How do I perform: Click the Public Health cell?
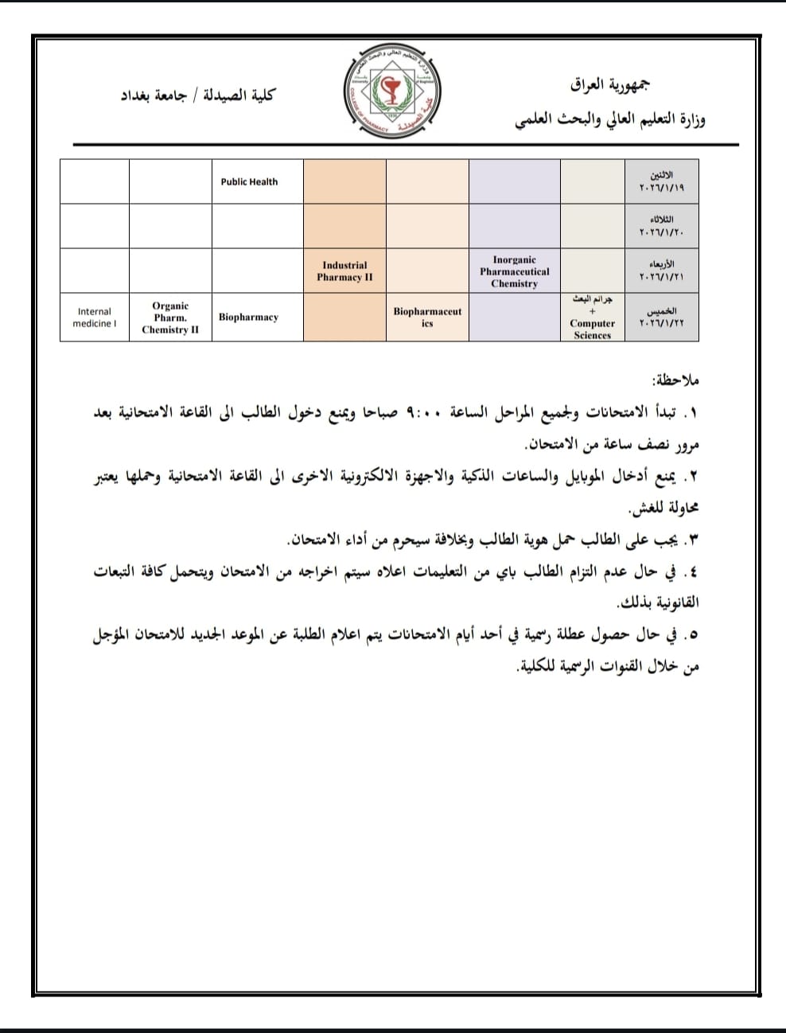[249, 181]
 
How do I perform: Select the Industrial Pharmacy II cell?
[344, 271]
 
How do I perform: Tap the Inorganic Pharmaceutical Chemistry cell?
[514, 271]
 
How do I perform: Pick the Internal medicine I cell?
[94, 318]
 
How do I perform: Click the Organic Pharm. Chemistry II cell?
[170, 318]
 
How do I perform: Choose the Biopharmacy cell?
[249, 318]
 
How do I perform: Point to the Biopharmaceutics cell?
[427, 318]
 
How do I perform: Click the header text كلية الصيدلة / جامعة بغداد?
[196, 96]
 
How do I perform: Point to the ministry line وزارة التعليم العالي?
[610, 120]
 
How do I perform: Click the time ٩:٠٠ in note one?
[422, 412]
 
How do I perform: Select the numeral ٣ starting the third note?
[691, 540]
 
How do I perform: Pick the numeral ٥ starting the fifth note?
[691, 634]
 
